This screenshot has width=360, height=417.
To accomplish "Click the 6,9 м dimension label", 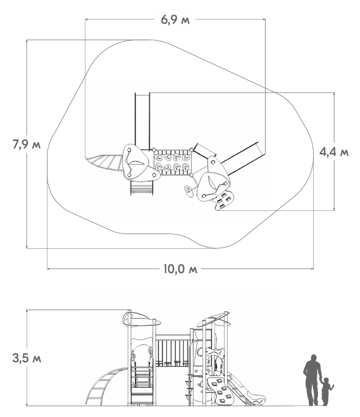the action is click(175, 20).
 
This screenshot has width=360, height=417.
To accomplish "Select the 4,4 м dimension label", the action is click(334, 152).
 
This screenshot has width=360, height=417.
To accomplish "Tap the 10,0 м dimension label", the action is click(180, 269).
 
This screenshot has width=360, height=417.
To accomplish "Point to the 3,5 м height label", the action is click(27, 358).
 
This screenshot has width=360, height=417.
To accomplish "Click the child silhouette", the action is click(327, 391).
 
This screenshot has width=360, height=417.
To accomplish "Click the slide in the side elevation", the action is click(245, 390).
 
